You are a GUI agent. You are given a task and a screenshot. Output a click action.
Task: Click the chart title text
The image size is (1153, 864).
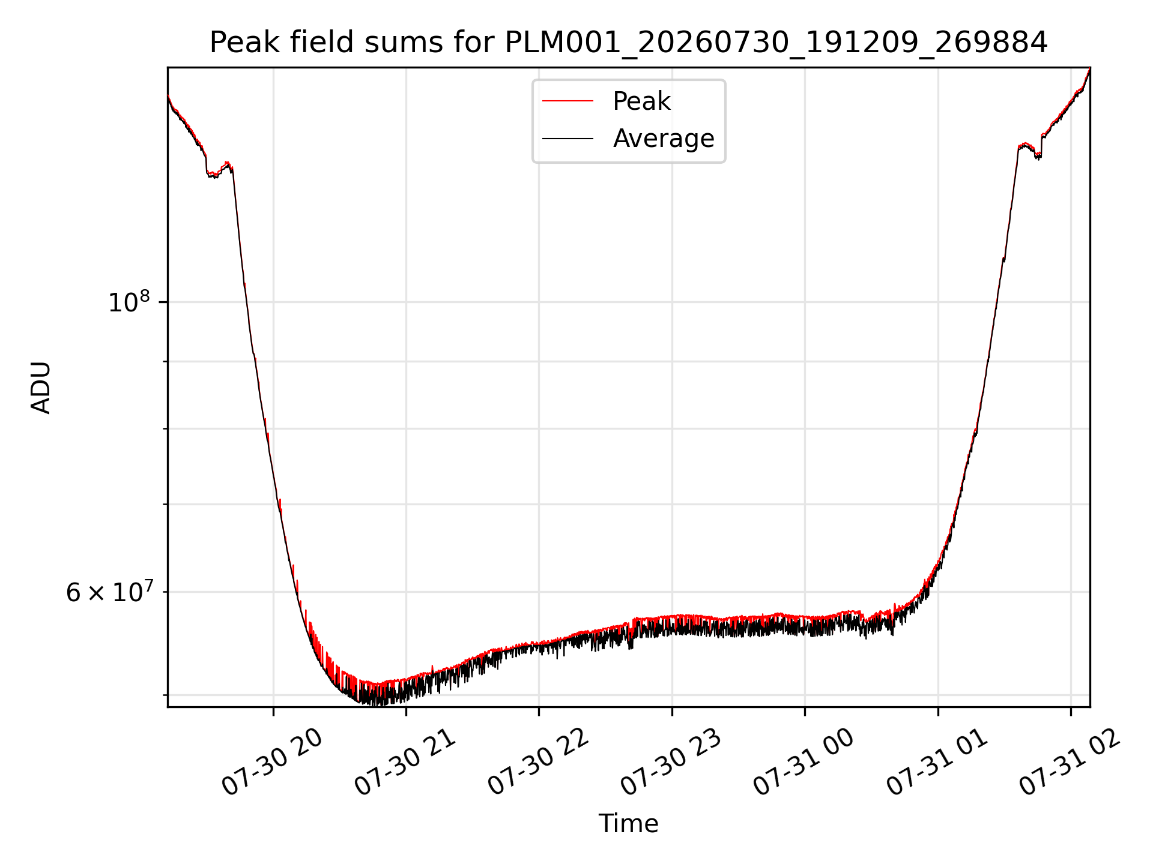pos(628,43)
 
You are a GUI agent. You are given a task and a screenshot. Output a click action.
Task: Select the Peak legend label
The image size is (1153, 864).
pos(641,101)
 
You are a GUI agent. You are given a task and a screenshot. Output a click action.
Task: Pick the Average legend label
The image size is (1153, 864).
pos(664,139)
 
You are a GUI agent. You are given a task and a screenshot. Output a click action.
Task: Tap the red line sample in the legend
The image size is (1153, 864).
pos(567,101)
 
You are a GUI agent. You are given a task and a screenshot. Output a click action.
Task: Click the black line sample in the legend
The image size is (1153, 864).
pos(567,139)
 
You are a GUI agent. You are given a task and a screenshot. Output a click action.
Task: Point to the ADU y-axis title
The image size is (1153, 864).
pos(41,388)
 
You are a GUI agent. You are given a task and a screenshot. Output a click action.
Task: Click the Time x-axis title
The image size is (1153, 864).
pos(628,824)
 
